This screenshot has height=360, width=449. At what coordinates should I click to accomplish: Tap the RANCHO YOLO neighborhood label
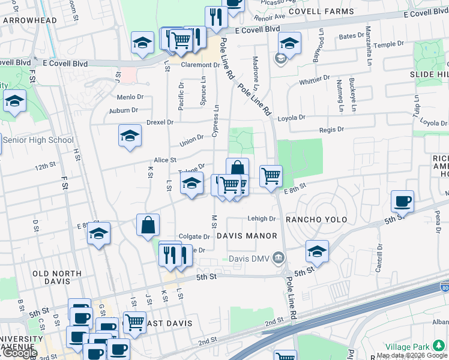click(x=317, y=220)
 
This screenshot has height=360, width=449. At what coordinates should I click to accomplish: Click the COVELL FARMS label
click(x=318, y=11)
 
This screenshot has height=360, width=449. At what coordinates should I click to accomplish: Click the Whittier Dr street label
click(x=315, y=79)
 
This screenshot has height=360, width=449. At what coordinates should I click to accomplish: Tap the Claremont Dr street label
click(x=200, y=65)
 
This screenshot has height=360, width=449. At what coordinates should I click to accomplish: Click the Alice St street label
click(x=164, y=160)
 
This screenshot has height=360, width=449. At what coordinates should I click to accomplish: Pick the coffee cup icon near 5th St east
click(x=402, y=201)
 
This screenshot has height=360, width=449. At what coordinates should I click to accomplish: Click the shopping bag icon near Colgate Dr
click(x=148, y=226)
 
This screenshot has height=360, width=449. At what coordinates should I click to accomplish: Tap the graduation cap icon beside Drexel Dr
click(x=130, y=136)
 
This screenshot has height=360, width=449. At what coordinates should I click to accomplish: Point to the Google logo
click(x=19, y=353)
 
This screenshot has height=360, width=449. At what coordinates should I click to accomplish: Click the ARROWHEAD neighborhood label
click(x=29, y=20)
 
